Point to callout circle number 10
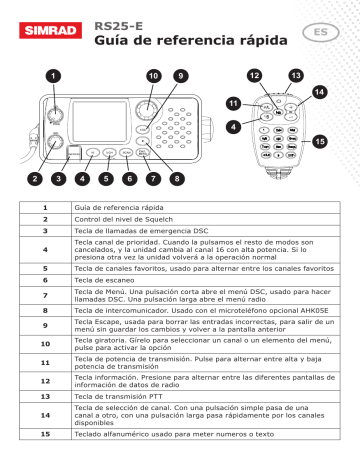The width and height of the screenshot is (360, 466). (152, 76)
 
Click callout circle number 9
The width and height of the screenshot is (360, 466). (181, 76)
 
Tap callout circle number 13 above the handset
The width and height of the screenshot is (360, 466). (295, 76)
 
